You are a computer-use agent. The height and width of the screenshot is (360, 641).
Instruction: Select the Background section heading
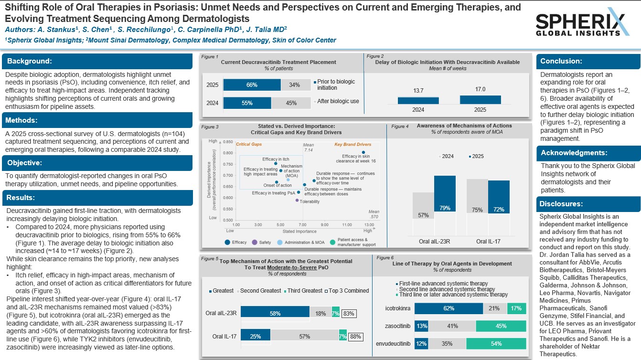[x=30, y=61]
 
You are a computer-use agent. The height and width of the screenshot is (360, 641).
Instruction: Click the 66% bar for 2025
[x=252, y=85]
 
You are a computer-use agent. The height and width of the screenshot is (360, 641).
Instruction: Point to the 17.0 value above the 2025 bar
[x=480, y=89]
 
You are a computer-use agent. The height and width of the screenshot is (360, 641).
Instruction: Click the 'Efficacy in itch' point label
[x=276, y=159]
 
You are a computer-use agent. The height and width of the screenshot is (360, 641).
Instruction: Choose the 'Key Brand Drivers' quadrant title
[x=352, y=144]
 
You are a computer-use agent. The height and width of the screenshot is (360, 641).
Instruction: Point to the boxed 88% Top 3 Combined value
[x=354, y=337]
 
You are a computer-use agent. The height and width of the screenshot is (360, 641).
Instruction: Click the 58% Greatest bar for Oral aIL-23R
[x=275, y=313]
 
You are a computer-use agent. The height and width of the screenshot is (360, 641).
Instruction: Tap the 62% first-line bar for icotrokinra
[x=449, y=308]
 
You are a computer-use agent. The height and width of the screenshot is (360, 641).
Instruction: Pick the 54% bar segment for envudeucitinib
[x=496, y=344]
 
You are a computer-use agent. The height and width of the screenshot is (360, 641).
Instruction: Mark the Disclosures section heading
[x=561, y=204]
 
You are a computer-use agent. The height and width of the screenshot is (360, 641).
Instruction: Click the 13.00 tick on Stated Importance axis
[x=369, y=224]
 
